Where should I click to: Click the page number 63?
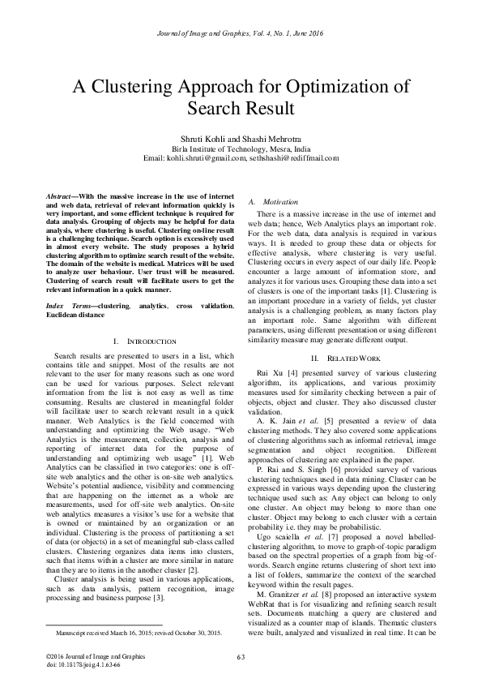click(241, 656)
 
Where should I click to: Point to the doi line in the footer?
click(78, 663)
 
